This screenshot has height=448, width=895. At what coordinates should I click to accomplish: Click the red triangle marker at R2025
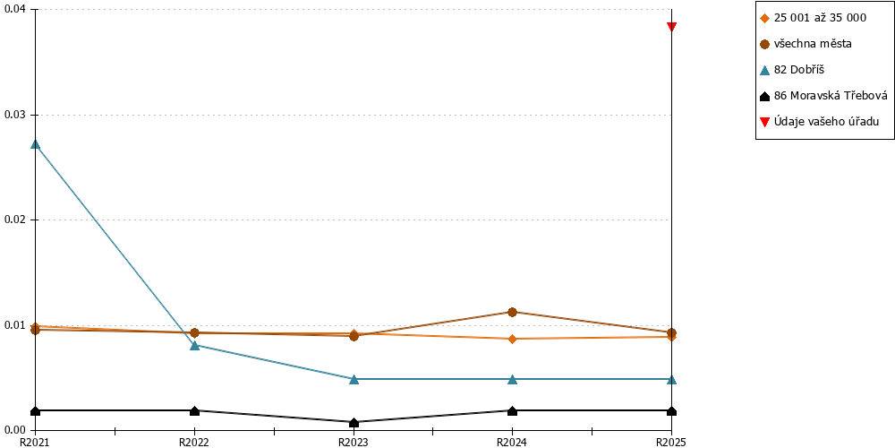[672, 26]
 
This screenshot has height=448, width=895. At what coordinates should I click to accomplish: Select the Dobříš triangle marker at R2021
[36, 144]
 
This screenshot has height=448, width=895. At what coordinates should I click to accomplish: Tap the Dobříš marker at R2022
[194, 345]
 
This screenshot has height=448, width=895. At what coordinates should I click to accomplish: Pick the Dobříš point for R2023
[354, 379]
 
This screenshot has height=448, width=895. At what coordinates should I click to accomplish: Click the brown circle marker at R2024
[513, 312]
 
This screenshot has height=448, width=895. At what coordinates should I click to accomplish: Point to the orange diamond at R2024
[513, 339]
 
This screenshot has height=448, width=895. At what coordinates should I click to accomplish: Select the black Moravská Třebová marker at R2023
[354, 422]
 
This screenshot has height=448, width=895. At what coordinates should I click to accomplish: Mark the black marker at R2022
[194, 410]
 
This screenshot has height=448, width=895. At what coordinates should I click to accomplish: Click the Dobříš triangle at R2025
[672, 379]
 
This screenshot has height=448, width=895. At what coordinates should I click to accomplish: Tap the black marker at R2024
[513, 410]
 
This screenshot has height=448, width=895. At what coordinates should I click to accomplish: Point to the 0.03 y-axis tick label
[15, 115]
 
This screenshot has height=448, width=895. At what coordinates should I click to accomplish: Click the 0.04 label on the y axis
[15, 9]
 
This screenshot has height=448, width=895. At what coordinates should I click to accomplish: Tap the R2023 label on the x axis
[354, 442]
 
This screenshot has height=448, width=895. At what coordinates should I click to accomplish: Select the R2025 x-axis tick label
[670, 442]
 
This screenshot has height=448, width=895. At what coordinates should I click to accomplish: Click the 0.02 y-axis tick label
[15, 220]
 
